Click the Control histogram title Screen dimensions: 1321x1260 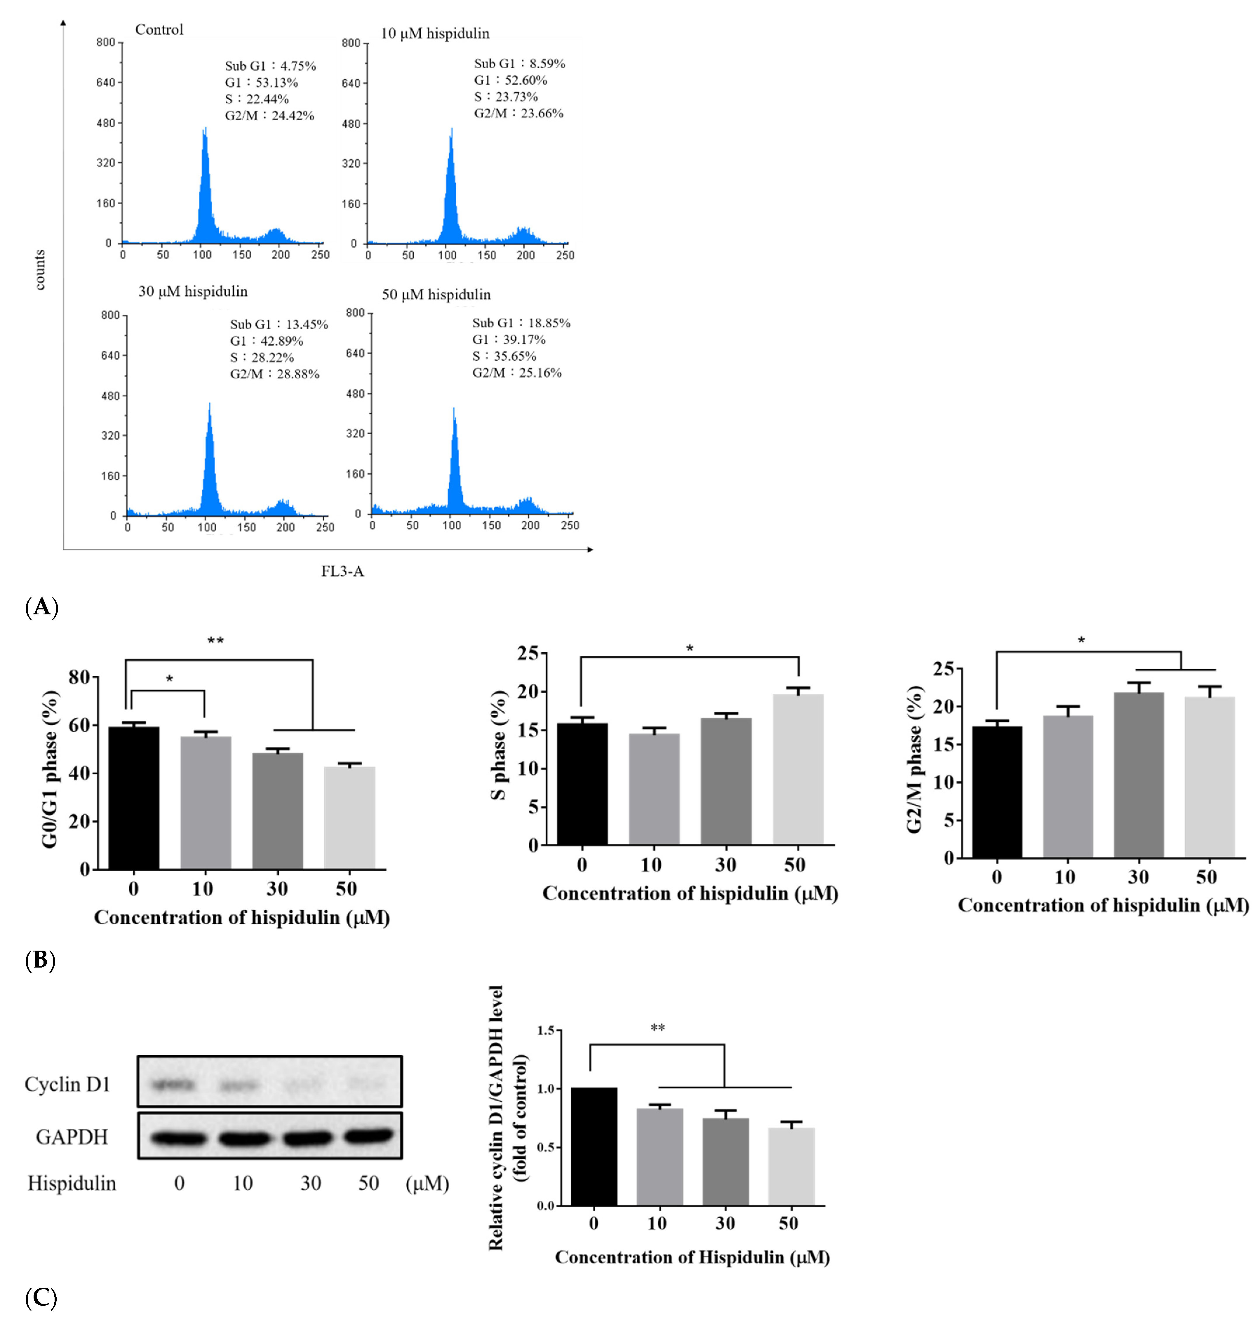(x=159, y=29)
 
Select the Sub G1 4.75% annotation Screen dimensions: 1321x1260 (x=270, y=66)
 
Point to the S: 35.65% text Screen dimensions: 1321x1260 (x=504, y=356)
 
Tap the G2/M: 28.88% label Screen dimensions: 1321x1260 (x=275, y=374)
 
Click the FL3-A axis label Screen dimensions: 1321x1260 (x=342, y=571)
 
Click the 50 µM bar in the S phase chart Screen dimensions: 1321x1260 (x=798, y=769)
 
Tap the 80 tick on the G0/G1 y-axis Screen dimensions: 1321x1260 (x=79, y=677)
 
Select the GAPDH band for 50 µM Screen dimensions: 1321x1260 (x=368, y=1136)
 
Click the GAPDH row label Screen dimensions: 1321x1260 (x=72, y=1137)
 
